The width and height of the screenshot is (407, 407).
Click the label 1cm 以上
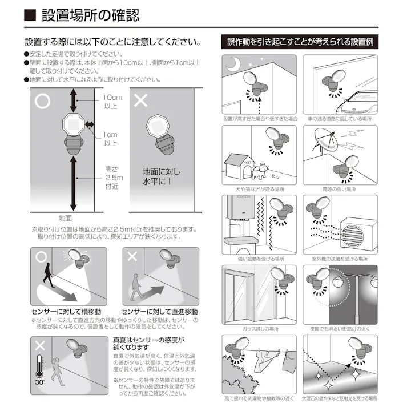pos(110,139)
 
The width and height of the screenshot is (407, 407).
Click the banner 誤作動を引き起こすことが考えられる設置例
pos(300,42)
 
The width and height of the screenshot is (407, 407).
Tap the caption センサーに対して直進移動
pos(160,312)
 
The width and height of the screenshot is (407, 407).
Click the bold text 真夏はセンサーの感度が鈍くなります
pos(148,343)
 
